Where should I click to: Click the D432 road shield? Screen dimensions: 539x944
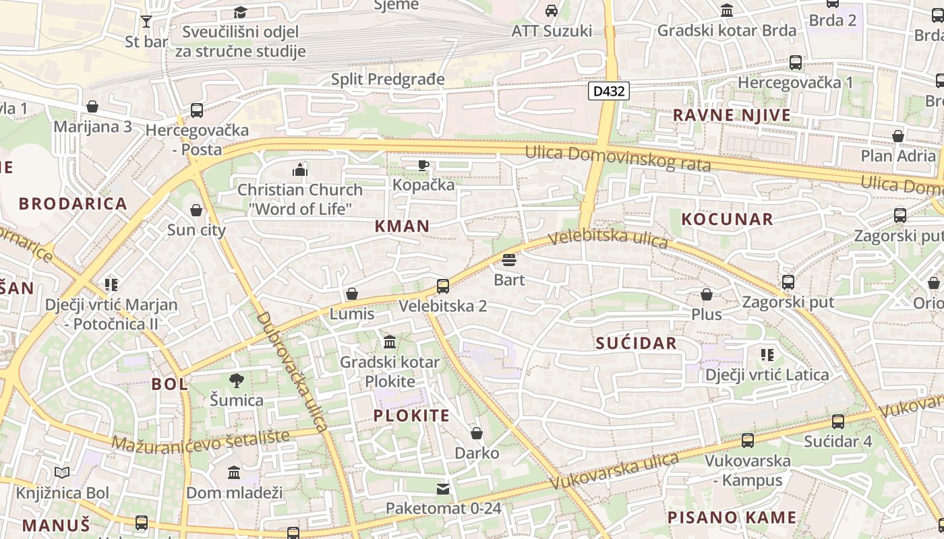(x=608, y=91)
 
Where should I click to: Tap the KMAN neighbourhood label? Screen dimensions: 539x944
(x=402, y=226)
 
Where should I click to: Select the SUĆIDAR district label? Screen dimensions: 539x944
(x=636, y=343)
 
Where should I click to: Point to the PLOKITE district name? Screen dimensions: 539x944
(x=411, y=415)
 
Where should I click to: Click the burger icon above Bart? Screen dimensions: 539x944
(x=509, y=260)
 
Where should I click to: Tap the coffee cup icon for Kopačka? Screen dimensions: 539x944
(x=423, y=165)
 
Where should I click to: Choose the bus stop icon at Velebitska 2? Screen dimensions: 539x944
(x=443, y=286)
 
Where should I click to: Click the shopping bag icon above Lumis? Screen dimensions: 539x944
(x=351, y=294)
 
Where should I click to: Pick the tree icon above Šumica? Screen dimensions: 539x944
(x=236, y=381)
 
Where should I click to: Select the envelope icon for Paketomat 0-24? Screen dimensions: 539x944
(x=443, y=488)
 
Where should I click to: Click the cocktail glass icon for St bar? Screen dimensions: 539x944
(x=146, y=22)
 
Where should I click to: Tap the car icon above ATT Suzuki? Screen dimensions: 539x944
(x=552, y=11)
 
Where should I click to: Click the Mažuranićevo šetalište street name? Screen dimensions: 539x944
(x=200, y=440)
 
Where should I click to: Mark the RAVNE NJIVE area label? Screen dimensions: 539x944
(x=732, y=115)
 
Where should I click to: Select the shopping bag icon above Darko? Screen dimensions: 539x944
(x=477, y=433)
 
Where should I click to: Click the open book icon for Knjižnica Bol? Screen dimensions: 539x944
(x=62, y=473)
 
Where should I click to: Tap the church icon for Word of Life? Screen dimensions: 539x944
(x=300, y=170)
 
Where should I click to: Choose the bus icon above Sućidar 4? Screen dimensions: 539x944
(x=837, y=422)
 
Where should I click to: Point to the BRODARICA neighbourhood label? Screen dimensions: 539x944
(x=73, y=203)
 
